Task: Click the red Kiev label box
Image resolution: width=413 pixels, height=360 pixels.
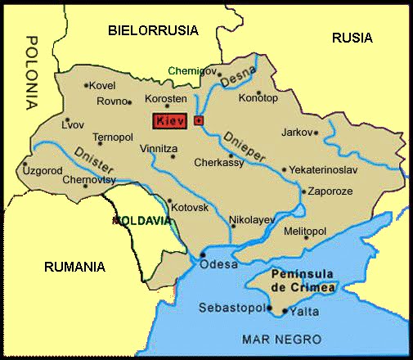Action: pyautogui.click(x=171, y=121)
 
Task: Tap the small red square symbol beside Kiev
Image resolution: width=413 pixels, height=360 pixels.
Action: pyautogui.click(x=198, y=120)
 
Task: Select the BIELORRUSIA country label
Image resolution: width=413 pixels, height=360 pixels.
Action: pyautogui.click(x=153, y=30)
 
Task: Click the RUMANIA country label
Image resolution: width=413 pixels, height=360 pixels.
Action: pyautogui.click(x=75, y=266)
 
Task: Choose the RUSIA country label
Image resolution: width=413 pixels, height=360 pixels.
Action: pyautogui.click(x=352, y=37)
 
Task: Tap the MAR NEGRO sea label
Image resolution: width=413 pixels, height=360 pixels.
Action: pyautogui.click(x=272, y=338)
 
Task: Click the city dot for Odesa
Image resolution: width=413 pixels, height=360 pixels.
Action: pyautogui.click(x=202, y=255)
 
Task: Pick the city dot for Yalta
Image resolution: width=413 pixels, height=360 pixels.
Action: pyautogui.click(x=285, y=311)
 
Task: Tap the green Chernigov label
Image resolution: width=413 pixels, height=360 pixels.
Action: pyautogui.click(x=195, y=71)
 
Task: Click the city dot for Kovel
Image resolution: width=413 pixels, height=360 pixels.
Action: pyautogui.click(x=86, y=84)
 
